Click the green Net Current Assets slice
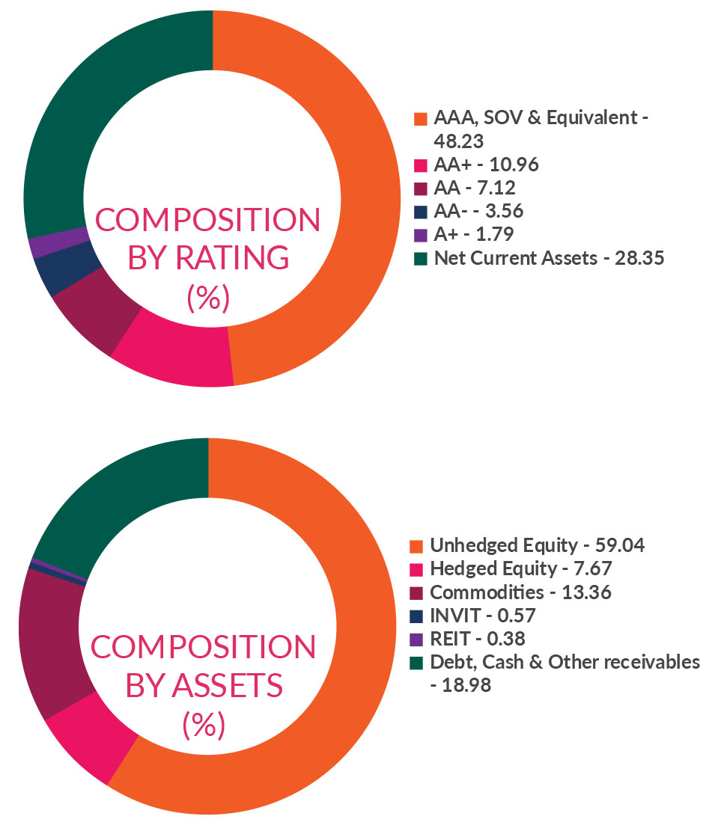click(x=97, y=97)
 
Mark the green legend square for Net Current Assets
click(x=420, y=259)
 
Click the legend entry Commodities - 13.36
click(x=520, y=592)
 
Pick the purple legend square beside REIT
click(x=416, y=639)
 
